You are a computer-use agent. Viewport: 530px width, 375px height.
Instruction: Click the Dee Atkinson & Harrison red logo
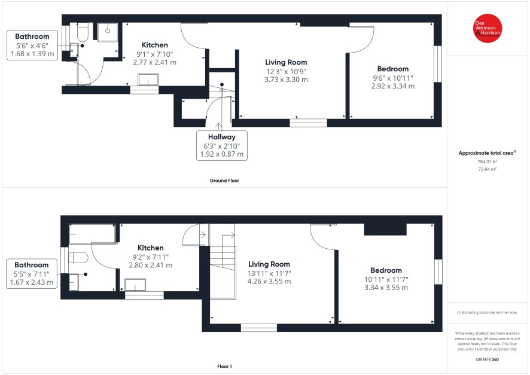tap(488, 28)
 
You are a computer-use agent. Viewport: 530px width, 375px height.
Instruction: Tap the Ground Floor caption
tap(224, 181)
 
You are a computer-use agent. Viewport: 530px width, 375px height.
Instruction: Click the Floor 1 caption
tap(224, 366)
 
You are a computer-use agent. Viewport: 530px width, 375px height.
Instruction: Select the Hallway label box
tap(222, 145)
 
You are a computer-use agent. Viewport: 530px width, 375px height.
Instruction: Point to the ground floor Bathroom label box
tap(32, 45)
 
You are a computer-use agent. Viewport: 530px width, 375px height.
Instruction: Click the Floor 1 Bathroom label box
tap(32, 274)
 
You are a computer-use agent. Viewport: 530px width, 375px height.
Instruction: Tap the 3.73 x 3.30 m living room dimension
tap(286, 80)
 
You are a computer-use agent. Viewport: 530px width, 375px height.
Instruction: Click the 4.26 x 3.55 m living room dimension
tap(269, 282)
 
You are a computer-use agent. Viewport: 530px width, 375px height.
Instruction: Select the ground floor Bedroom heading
tap(393, 69)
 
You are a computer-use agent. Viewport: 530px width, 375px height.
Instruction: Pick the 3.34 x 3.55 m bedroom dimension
tap(386, 288)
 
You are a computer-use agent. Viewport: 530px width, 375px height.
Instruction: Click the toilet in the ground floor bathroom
tap(83, 32)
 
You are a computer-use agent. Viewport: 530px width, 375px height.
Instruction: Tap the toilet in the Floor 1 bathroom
tap(78, 257)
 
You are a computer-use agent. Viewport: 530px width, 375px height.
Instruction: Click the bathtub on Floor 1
tap(92, 233)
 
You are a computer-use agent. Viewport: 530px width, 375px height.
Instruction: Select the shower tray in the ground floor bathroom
tap(108, 32)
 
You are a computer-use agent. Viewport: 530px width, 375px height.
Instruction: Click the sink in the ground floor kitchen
tap(148, 80)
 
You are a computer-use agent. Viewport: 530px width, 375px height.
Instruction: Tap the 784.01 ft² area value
tap(487, 161)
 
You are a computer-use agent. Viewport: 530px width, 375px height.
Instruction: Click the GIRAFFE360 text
tap(487, 359)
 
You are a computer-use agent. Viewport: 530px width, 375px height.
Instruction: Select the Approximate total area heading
tap(487, 153)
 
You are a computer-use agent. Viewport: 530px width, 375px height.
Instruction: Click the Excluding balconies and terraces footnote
tap(487, 312)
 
